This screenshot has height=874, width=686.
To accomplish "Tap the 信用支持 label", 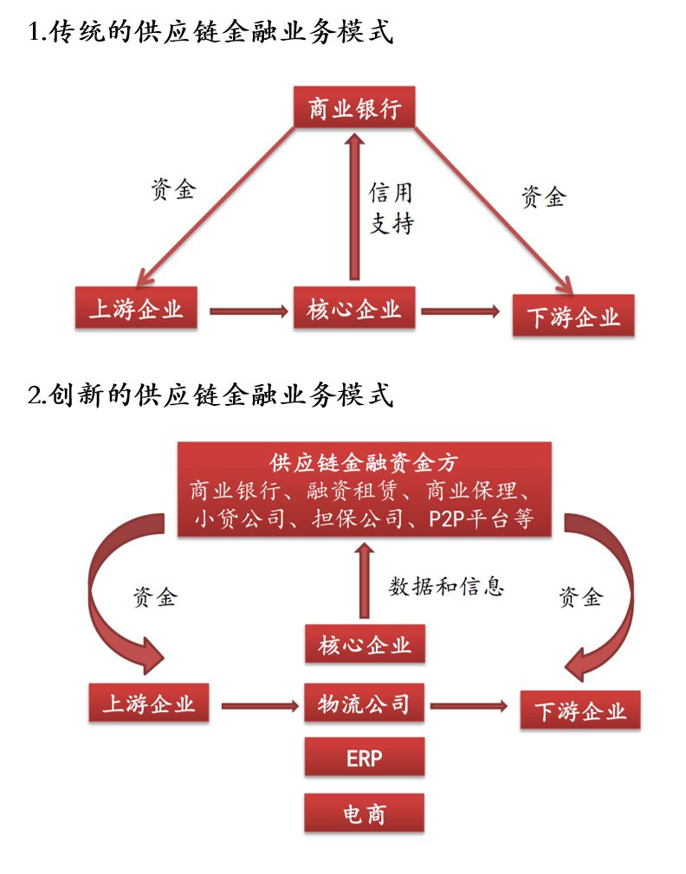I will pos(392,209).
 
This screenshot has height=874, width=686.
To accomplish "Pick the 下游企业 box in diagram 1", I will pos(573,316).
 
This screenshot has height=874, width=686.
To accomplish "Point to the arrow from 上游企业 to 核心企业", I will pos(248,310).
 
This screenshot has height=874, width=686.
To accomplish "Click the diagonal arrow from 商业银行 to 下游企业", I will pos(494,208).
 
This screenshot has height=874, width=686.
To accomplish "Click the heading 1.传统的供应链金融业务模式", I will pos(210,34).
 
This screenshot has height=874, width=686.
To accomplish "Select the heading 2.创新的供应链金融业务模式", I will pos(210,395).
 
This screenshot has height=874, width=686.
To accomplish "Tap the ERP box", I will pos(364,757).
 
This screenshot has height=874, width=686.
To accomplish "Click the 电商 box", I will pos(364,813).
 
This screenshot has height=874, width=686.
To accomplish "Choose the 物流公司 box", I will pos(364,703).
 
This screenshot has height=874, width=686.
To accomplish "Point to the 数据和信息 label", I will pos(446,587).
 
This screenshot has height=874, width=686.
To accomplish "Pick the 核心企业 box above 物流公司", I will pos(364,645).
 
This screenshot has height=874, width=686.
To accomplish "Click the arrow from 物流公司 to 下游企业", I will pos(469,706).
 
